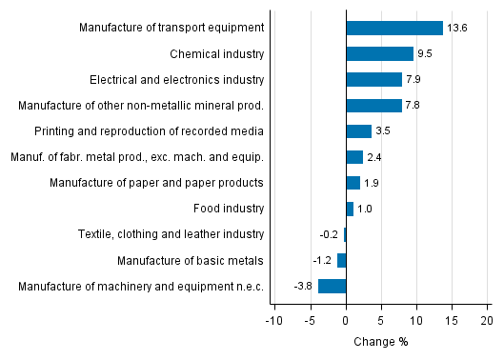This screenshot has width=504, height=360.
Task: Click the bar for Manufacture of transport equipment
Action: click(x=393, y=28)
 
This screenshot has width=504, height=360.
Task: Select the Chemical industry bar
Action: click(x=379, y=53)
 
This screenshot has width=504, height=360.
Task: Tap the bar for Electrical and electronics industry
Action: click(x=373, y=79)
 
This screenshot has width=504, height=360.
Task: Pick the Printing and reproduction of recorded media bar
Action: click(x=358, y=130)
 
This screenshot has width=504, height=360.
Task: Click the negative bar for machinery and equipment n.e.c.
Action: click(x=332, y=286)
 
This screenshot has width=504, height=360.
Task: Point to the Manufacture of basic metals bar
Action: click(x=341, y=260)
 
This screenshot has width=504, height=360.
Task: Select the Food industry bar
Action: click(x=350, y=209)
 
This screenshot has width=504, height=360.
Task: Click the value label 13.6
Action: click(x=457, y=29)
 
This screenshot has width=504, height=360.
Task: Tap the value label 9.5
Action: click(x=426, y=54)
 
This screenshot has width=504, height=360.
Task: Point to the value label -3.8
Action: click(x=304, y=286)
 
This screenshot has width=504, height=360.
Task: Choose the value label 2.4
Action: click(x=374, y=157)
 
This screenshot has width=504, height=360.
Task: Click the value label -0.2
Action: click(x=330, y=234)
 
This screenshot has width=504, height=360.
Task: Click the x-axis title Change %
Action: click(x=380, y=342)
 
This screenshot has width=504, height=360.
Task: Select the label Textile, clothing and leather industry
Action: click(x=171, y=234)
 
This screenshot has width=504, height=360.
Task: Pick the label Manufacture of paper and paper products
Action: click(x=156, y=183)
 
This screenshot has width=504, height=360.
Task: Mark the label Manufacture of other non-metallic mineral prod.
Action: click(x=142, y=105)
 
